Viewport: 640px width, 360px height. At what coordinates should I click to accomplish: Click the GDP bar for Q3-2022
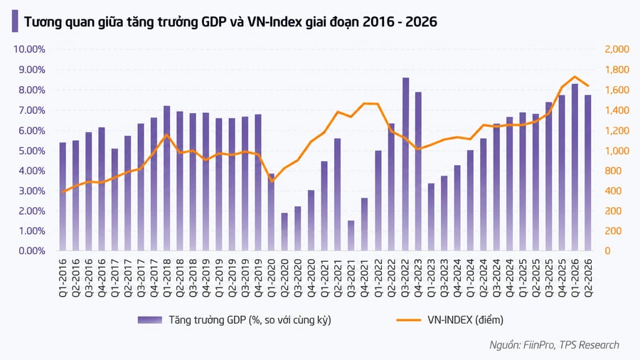pos(405,164)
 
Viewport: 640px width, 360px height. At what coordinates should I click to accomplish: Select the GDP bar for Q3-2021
pos(351,235)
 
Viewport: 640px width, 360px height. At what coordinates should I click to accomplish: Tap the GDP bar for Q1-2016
pos(63,196)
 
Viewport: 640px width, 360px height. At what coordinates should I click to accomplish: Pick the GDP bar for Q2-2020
pos(284,232)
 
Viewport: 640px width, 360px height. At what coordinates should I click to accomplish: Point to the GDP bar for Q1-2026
pos(575,167)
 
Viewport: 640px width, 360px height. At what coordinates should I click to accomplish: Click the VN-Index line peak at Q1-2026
pos(575,76)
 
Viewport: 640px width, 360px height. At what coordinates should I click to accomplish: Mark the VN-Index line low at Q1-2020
pos(272,181)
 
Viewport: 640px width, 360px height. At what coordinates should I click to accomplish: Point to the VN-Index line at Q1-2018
pos(166,134)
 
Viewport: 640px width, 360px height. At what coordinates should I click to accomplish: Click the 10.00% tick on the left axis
pos(29,49)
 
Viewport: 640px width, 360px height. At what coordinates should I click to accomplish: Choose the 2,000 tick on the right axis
pos(617,49)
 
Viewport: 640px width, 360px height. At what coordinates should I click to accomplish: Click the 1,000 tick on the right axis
pos(617,151)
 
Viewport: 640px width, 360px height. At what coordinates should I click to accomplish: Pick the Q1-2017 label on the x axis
pos(114,277)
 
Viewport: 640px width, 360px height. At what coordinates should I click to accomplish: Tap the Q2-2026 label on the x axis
pos(588,277)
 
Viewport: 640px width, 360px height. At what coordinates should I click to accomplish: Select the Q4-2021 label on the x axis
pos(364,277)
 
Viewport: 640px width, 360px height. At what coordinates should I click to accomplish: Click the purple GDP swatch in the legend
pos(150,320)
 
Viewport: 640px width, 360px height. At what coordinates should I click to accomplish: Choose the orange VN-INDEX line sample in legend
pos(409,320)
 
